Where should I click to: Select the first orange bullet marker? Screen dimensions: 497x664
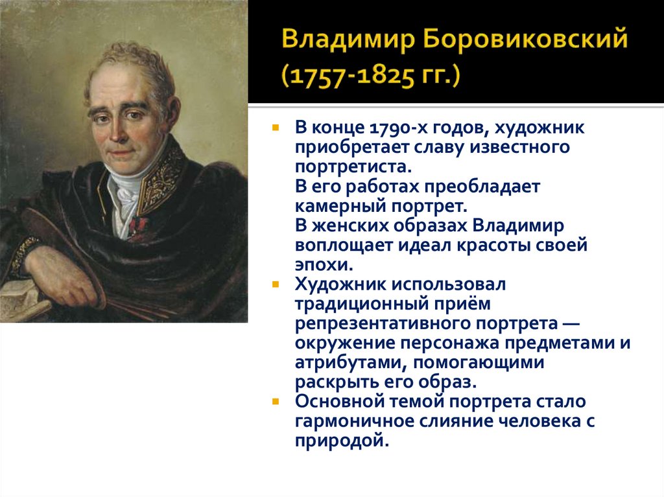(276, 128)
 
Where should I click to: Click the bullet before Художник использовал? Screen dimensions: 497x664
(276, 284)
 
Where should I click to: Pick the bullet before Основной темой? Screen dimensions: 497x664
(276, 401)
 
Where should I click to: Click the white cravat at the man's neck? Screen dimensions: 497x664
(123, 191)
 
